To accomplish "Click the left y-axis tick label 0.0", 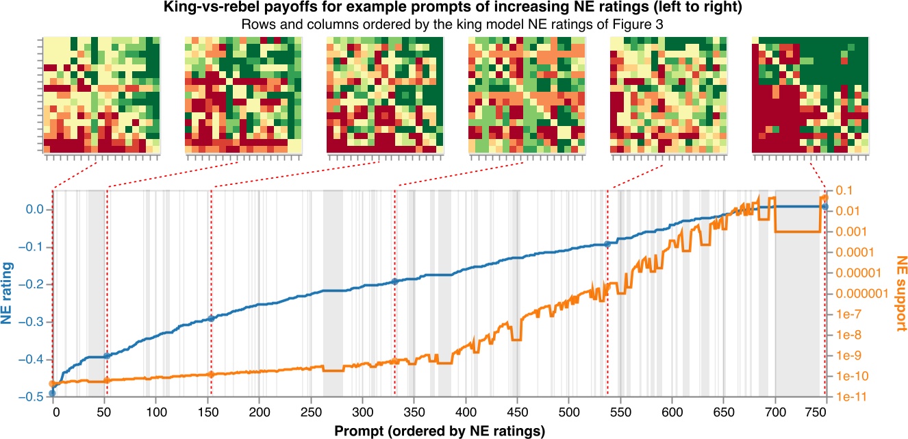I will (34, 210).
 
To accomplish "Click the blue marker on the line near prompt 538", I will (607, 244).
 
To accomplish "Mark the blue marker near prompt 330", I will (394, 281).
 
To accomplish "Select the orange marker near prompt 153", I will (211, 375).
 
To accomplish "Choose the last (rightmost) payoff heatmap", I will (809, 95).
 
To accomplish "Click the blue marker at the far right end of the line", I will (825, 206).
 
